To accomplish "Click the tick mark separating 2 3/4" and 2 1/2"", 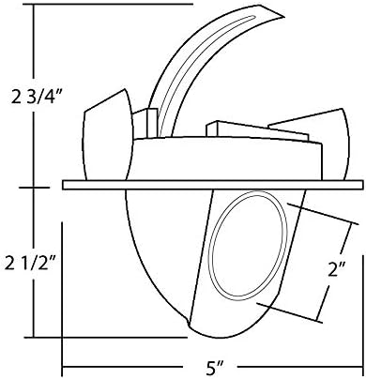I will click(x=36, y=185).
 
